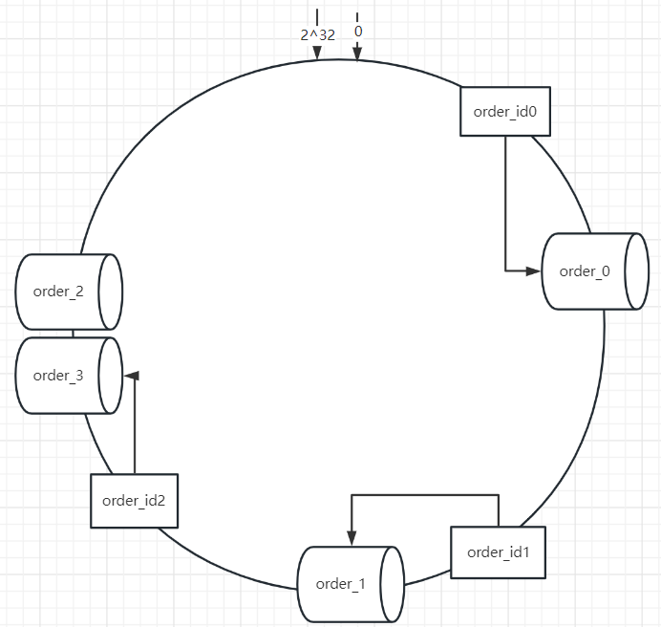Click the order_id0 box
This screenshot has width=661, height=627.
[x=505, y=111]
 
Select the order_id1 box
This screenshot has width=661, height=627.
[x=498, y=551]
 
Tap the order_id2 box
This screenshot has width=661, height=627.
[x=135, y=500]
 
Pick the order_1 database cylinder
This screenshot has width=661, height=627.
[x=341, y=584]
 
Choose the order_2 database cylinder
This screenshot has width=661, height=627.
[x=59, y=292]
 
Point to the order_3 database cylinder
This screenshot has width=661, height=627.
[x=59, y=376]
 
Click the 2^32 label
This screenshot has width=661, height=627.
[x=317, y=33]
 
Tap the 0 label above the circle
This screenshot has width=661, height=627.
[x=358, y=32]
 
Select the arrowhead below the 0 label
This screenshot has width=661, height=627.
[x=357, y=54]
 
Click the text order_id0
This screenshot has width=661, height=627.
[x=505, y=111]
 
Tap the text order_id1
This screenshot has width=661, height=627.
[x=498, y=551]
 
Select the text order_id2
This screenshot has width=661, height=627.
[x=135, y=500]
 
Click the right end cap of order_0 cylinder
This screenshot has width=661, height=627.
[x=631, y=270]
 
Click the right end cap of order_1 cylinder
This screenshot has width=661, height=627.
[x=391, y=584]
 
